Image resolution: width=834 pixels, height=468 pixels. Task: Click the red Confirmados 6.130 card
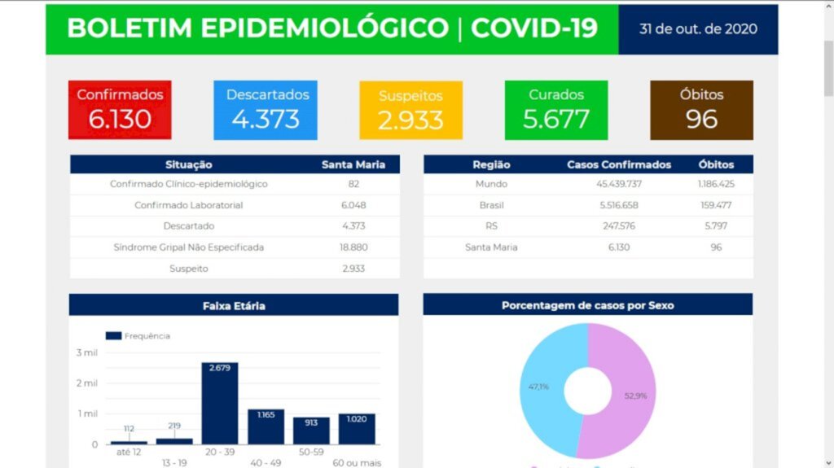click(x=120, y=109)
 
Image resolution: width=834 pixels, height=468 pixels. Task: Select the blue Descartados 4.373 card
click(x=266, y=109)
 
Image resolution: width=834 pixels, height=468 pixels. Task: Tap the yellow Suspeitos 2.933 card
click(x=410, y=109)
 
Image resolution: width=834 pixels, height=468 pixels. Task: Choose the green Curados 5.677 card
click(x=555, y=109)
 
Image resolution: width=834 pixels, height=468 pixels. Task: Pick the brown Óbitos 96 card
click(x=701, y=109)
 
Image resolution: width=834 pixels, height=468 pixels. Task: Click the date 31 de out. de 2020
click(x=698, y=29)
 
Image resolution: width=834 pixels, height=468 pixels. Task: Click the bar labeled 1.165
click(x=266, y=426)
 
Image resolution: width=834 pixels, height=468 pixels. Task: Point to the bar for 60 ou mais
click(x=357, y=429)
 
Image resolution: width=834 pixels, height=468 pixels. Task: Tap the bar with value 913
click(x=311, y=431)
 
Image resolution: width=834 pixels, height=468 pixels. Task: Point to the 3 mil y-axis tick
click(x=87, y=352)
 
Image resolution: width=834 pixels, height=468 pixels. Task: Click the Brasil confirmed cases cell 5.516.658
click(x=619, y=205)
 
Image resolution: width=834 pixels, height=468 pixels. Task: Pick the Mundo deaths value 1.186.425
click(x=716, y=184)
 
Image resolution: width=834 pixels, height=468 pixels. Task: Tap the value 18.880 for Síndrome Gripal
click(x=353, y=247)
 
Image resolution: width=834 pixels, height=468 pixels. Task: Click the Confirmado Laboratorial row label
click(x=189, y=205)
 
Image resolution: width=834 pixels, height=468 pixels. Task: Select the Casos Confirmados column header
click(x=619, y=164)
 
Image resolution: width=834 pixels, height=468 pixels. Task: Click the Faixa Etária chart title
click(x=234, y=306)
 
